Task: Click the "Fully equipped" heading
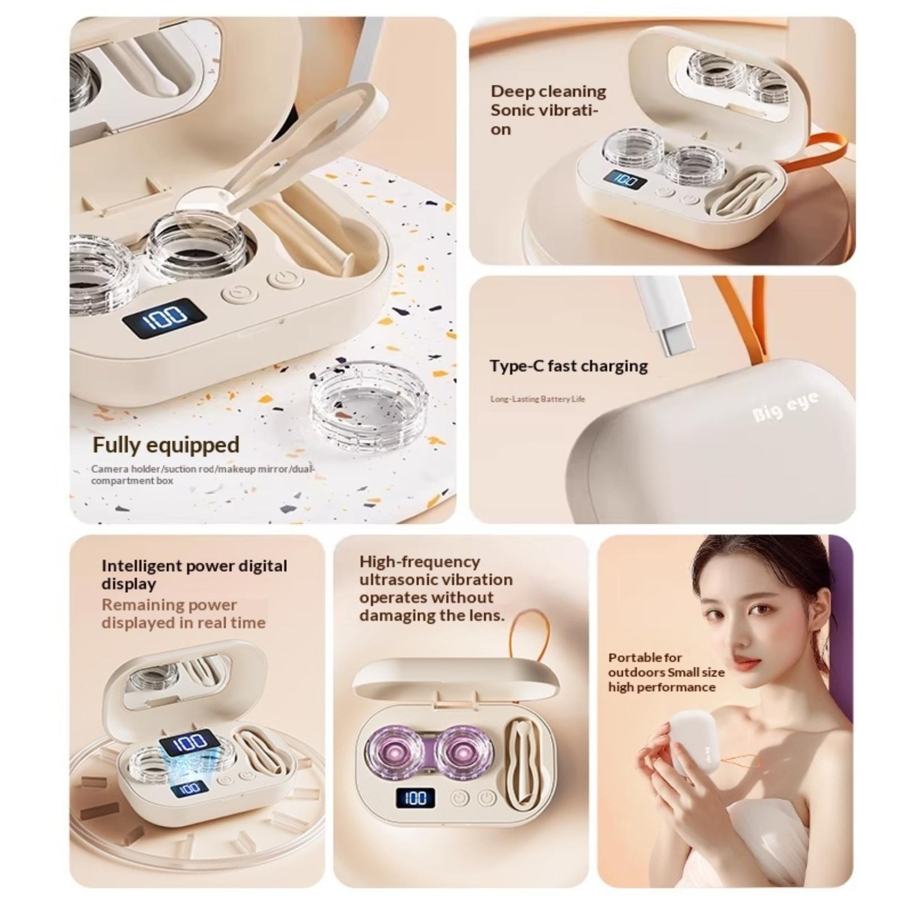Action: point(166,445)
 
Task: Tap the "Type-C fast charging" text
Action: point(568,366)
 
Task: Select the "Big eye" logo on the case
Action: point(785,407)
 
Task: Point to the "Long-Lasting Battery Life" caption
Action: point(537,399)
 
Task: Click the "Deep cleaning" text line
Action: point(548,91)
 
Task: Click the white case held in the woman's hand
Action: point(695,743)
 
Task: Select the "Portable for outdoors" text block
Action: point(666,673)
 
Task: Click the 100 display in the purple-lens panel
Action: point(416,798)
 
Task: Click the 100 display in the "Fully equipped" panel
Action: point(163,318)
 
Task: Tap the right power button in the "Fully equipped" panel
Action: point(285,280)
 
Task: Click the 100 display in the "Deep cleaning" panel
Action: point(624,180)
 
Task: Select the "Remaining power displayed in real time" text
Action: point(183,614)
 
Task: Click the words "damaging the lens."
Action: point(432,615)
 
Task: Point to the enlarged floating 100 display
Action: point(188,742)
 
